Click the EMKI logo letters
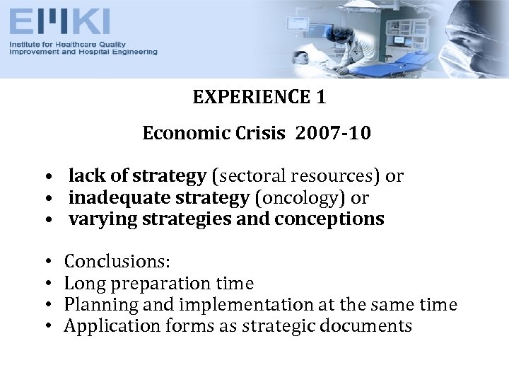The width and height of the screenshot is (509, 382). pos(60,22)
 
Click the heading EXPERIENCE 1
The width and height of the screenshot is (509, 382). pos(259,97)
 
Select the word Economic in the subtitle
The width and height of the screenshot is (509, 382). pos(177,133)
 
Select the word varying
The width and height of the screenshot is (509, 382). pos(103,219)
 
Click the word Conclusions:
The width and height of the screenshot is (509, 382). pos(117,262)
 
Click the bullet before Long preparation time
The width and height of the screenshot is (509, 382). pos(45,284)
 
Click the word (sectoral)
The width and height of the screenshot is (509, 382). pos(247,176)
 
